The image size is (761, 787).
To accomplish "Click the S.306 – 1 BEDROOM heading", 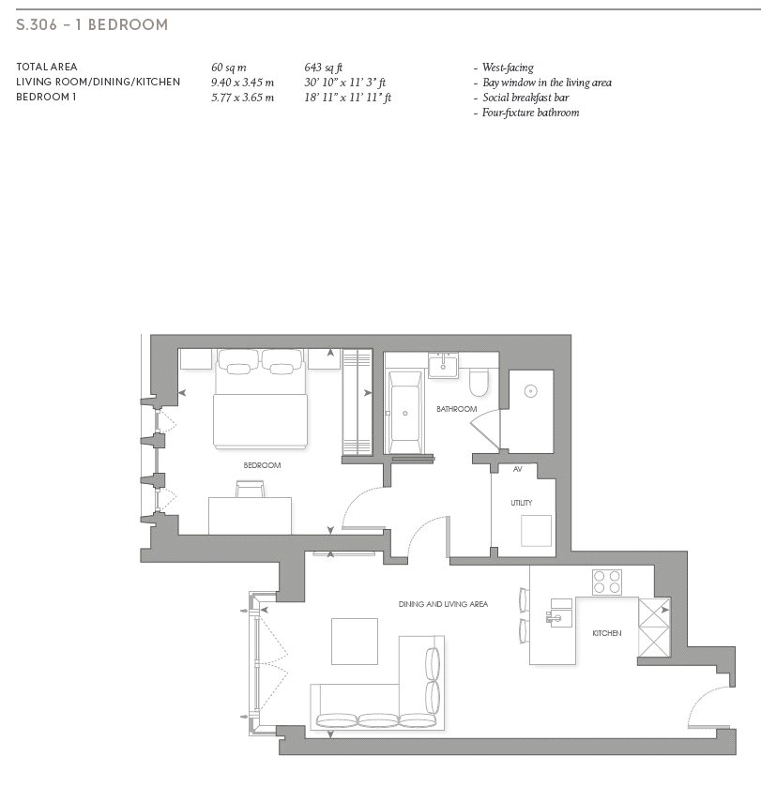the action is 92,24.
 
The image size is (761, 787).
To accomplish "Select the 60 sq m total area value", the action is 229,68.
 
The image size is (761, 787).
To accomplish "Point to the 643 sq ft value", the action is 324,68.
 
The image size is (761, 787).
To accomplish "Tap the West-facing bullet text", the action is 508,68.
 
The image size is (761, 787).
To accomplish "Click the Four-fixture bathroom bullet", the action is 530,113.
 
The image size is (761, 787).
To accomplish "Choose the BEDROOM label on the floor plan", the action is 262,465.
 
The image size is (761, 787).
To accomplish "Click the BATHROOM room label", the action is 456,409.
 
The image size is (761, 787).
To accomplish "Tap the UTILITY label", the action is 522,503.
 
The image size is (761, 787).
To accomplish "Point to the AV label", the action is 518,469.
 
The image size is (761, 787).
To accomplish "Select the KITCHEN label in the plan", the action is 607,633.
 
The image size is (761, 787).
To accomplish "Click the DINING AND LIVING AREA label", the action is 443,604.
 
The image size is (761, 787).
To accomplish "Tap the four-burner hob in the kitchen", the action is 607,583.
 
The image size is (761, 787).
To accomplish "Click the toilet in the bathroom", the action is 479,383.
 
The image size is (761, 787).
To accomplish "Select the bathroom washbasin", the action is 443,364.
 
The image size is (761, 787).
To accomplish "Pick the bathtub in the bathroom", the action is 405,413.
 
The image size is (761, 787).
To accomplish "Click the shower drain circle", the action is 530,391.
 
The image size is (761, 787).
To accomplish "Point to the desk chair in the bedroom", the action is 250,489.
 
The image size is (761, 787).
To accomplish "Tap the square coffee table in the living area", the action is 355,642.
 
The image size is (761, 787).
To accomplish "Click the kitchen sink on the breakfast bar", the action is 558,613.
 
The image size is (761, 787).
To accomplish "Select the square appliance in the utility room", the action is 536,531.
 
